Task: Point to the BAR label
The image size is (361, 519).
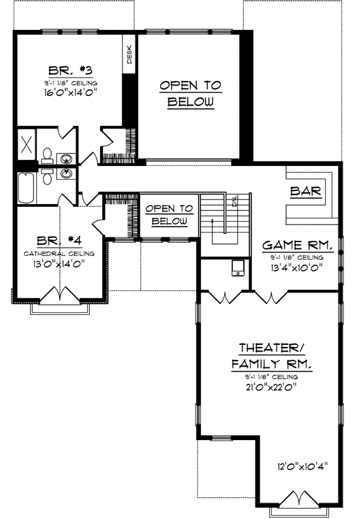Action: coord(305,192)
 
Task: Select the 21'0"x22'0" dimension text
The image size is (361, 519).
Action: coord(271,387)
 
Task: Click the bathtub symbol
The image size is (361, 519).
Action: coord(25,188)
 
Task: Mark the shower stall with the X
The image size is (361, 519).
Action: coord(27,144)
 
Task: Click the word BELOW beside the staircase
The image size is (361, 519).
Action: coord(169,222)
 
